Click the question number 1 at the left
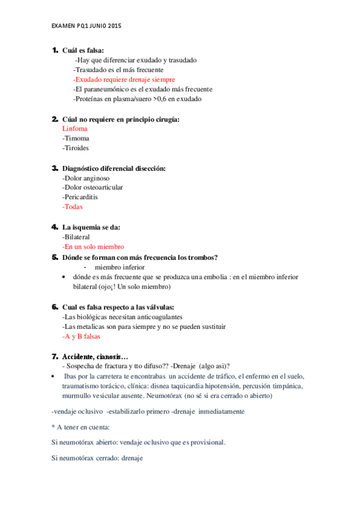tap(55, 50)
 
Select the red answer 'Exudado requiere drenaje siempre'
tap(124, 79)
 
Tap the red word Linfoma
tap(75, 129)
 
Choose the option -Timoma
tap(76, 138)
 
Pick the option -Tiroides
tap(77, 148)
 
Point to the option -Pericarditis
tap(80, 197)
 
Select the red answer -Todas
tap(72, 206)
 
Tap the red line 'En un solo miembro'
tap(93, 247)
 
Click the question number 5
tap(55, 257)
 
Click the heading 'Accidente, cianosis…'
tap(96, 356)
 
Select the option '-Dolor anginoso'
tap(86, 177)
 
